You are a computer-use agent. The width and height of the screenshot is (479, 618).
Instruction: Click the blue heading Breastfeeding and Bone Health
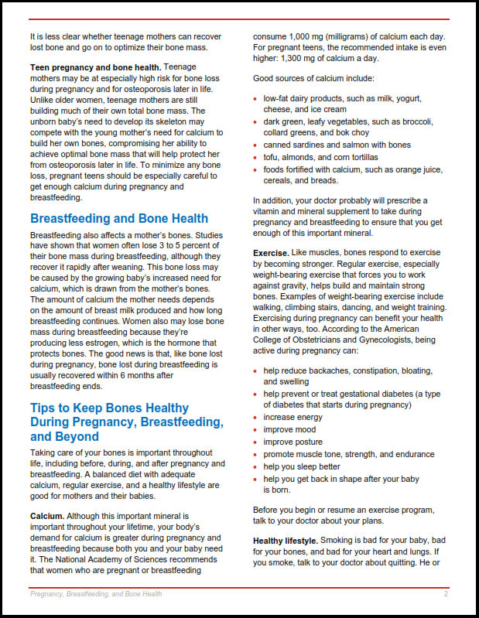point(119,218)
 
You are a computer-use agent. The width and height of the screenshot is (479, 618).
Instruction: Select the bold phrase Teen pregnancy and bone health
point(95,67)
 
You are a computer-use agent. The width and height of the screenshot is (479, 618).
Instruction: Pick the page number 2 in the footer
point(446,594)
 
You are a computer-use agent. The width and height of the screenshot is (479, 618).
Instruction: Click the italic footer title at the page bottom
point(96,594)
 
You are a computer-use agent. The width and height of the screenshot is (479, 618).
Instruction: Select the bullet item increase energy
point(293,418)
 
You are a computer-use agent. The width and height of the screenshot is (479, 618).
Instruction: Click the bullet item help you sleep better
point(302,466)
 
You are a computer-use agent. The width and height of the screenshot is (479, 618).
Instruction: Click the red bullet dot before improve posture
point(255,442)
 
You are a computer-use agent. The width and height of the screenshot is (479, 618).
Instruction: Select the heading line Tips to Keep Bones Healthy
point(109,408)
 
